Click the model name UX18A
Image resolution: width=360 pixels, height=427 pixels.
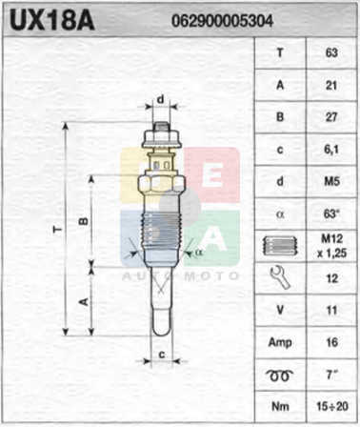52,20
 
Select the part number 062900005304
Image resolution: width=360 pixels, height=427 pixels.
222,21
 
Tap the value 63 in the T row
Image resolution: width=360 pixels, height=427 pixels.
331,52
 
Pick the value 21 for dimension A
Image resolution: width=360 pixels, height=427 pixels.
331,85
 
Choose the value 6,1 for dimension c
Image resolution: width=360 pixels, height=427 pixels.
331,150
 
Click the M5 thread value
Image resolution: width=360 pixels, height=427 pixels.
331,181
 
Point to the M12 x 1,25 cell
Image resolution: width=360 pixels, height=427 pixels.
331,246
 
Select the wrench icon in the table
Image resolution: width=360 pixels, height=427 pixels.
280,278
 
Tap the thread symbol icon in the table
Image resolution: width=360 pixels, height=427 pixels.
280,246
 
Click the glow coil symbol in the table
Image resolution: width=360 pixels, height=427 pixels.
280,376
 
